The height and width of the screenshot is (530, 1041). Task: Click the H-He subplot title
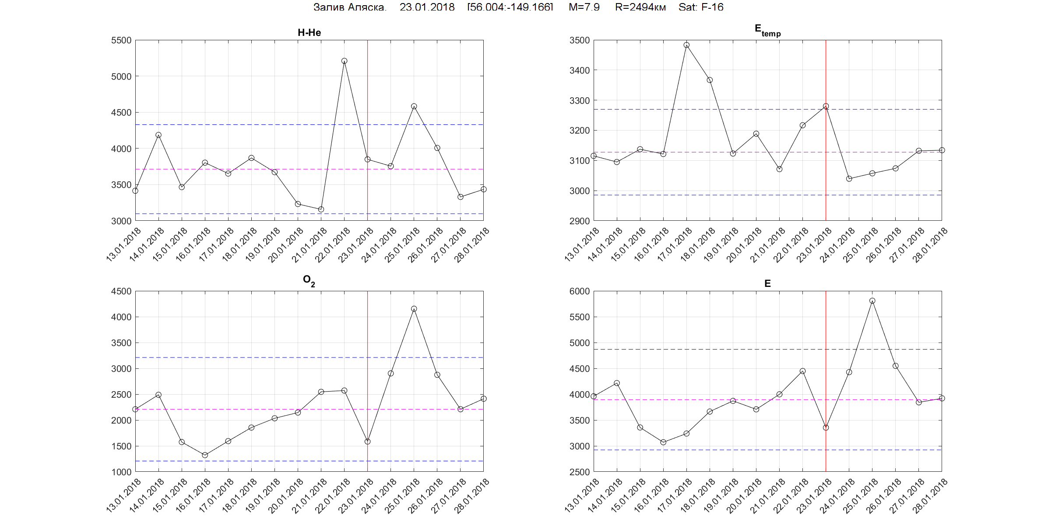[x=309, y=32]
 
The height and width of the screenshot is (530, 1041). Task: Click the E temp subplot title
[x=767, y=30]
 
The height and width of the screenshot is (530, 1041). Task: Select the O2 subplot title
[x=309, y=281]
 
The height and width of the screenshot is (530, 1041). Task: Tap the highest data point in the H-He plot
[x=344, y=61]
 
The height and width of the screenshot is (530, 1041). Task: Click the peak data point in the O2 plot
[x=414, y=309]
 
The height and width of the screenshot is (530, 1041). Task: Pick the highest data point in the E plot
[x=872, y=301]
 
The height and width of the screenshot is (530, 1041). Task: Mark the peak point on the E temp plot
[x=686, y=45]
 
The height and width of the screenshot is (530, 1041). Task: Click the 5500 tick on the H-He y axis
[x=121, y=40]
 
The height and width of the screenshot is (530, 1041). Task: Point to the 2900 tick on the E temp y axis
[x=580, y=221]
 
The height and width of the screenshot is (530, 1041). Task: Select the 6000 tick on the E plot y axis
[x=580, y=291]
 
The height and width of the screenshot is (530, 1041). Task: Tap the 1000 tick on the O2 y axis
[x=121, y=472]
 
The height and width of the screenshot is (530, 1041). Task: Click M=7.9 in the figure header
[x=584, y=7]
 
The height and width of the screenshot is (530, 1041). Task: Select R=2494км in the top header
[x=640, y=7]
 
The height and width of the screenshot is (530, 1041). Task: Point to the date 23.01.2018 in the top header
[x=427, y=7]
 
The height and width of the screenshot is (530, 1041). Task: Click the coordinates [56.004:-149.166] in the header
[x=510, y=7]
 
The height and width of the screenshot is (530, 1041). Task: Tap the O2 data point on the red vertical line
[x=367, y=442]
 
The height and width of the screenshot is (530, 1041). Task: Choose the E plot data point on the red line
[x=826, y=428]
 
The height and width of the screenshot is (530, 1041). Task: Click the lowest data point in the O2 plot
[x=205, y=455]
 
